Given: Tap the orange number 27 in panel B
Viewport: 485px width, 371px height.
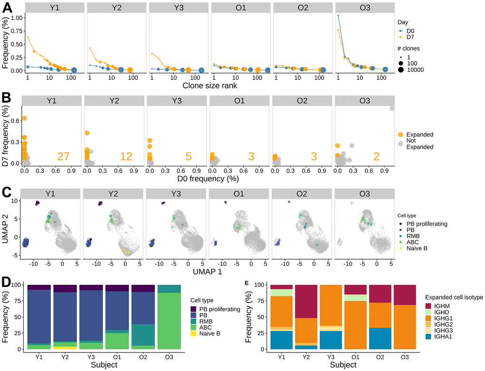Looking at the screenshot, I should point(63,156).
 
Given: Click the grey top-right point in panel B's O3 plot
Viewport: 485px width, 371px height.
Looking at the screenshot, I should point(392,108).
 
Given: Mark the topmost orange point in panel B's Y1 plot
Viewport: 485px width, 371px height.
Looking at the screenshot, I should point(24,118).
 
